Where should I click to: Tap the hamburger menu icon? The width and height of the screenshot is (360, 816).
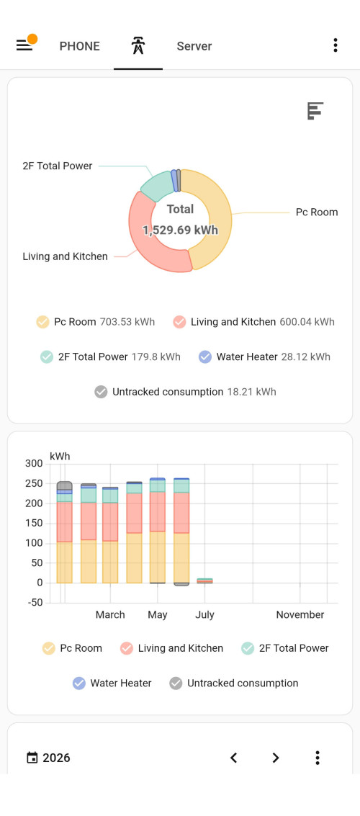coord(24,46)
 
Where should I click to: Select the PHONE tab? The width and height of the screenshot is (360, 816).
coord(80,46)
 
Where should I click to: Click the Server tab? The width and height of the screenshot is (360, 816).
coord(194,46)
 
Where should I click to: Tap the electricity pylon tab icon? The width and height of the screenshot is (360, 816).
coord(138,46)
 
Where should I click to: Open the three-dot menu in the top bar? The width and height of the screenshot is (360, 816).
coord(336,45)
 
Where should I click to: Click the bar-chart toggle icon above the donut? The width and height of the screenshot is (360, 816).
coord(315,111)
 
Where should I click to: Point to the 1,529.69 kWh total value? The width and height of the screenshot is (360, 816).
coord(180,230)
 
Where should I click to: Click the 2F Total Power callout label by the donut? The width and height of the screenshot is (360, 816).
coord(57,166)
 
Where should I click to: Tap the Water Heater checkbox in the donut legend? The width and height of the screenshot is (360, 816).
coord(205,357)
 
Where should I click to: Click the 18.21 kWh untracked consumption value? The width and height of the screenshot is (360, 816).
coord(252,392)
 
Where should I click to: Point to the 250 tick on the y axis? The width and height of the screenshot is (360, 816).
coord(33,483)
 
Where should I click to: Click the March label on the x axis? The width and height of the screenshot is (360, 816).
coord(110,614)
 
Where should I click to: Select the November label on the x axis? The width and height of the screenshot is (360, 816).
coord(300,614)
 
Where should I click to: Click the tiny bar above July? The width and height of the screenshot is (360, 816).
coord(204,580)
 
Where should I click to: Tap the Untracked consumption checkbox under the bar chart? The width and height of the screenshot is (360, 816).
coord(176,683)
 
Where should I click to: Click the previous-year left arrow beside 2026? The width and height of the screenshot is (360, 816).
coord(234,758)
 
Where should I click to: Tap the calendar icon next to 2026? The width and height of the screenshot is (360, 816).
coord(32,758)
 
